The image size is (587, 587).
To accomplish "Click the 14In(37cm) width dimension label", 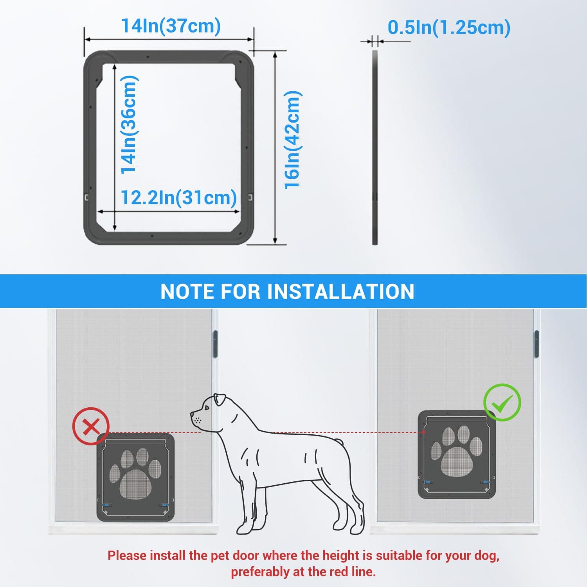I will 171,26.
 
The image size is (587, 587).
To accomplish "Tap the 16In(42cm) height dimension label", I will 292,140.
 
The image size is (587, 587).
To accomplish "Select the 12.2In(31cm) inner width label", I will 178,197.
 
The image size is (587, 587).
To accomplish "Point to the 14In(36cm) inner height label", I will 129,124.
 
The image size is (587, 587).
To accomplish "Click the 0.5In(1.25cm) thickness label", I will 449,27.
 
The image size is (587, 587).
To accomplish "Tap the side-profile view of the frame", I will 375,148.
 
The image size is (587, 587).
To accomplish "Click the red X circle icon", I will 91,426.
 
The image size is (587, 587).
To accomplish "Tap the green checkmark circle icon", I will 502,402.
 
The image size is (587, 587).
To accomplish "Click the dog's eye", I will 207,408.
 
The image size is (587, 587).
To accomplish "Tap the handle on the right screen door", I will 537,344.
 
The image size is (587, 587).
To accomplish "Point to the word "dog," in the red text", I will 485,555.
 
